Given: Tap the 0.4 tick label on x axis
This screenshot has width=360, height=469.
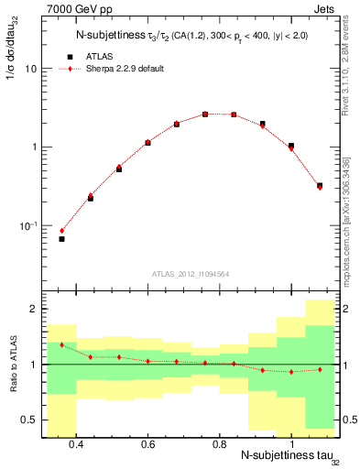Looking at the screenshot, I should click(76, 444).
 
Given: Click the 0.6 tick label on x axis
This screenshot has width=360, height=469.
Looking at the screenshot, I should click(147, 444).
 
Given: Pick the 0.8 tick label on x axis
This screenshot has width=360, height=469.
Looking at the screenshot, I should click(219, 444).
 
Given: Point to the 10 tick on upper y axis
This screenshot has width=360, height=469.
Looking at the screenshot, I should click(30, 69).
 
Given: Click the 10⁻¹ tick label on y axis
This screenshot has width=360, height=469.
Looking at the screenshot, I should click(28, 225).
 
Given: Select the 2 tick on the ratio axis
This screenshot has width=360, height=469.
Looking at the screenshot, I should click(33, 310).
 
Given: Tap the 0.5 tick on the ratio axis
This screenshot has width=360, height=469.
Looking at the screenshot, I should click(29, 420).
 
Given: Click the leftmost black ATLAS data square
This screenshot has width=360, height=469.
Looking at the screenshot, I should click(61, 239).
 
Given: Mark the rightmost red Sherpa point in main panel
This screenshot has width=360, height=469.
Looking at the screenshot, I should click(320, 187).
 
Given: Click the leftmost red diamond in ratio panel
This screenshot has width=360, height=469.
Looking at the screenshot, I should click(61, 344).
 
